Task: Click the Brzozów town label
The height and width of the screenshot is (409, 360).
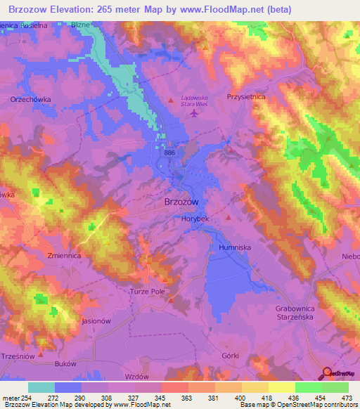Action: coord(181,202)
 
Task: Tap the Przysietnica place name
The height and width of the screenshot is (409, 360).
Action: coord(245,97)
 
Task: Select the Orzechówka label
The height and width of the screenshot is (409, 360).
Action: coord(30,100)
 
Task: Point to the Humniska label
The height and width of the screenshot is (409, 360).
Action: coord(234,248)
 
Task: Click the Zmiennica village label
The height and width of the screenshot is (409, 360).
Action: coord(64,257)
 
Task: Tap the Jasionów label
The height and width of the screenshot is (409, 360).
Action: coord(97,321)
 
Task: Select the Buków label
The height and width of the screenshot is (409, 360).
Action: coord(65,364)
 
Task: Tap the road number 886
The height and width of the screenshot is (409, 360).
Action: coord(169,152)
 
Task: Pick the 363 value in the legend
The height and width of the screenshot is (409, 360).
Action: coord(186,398)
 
